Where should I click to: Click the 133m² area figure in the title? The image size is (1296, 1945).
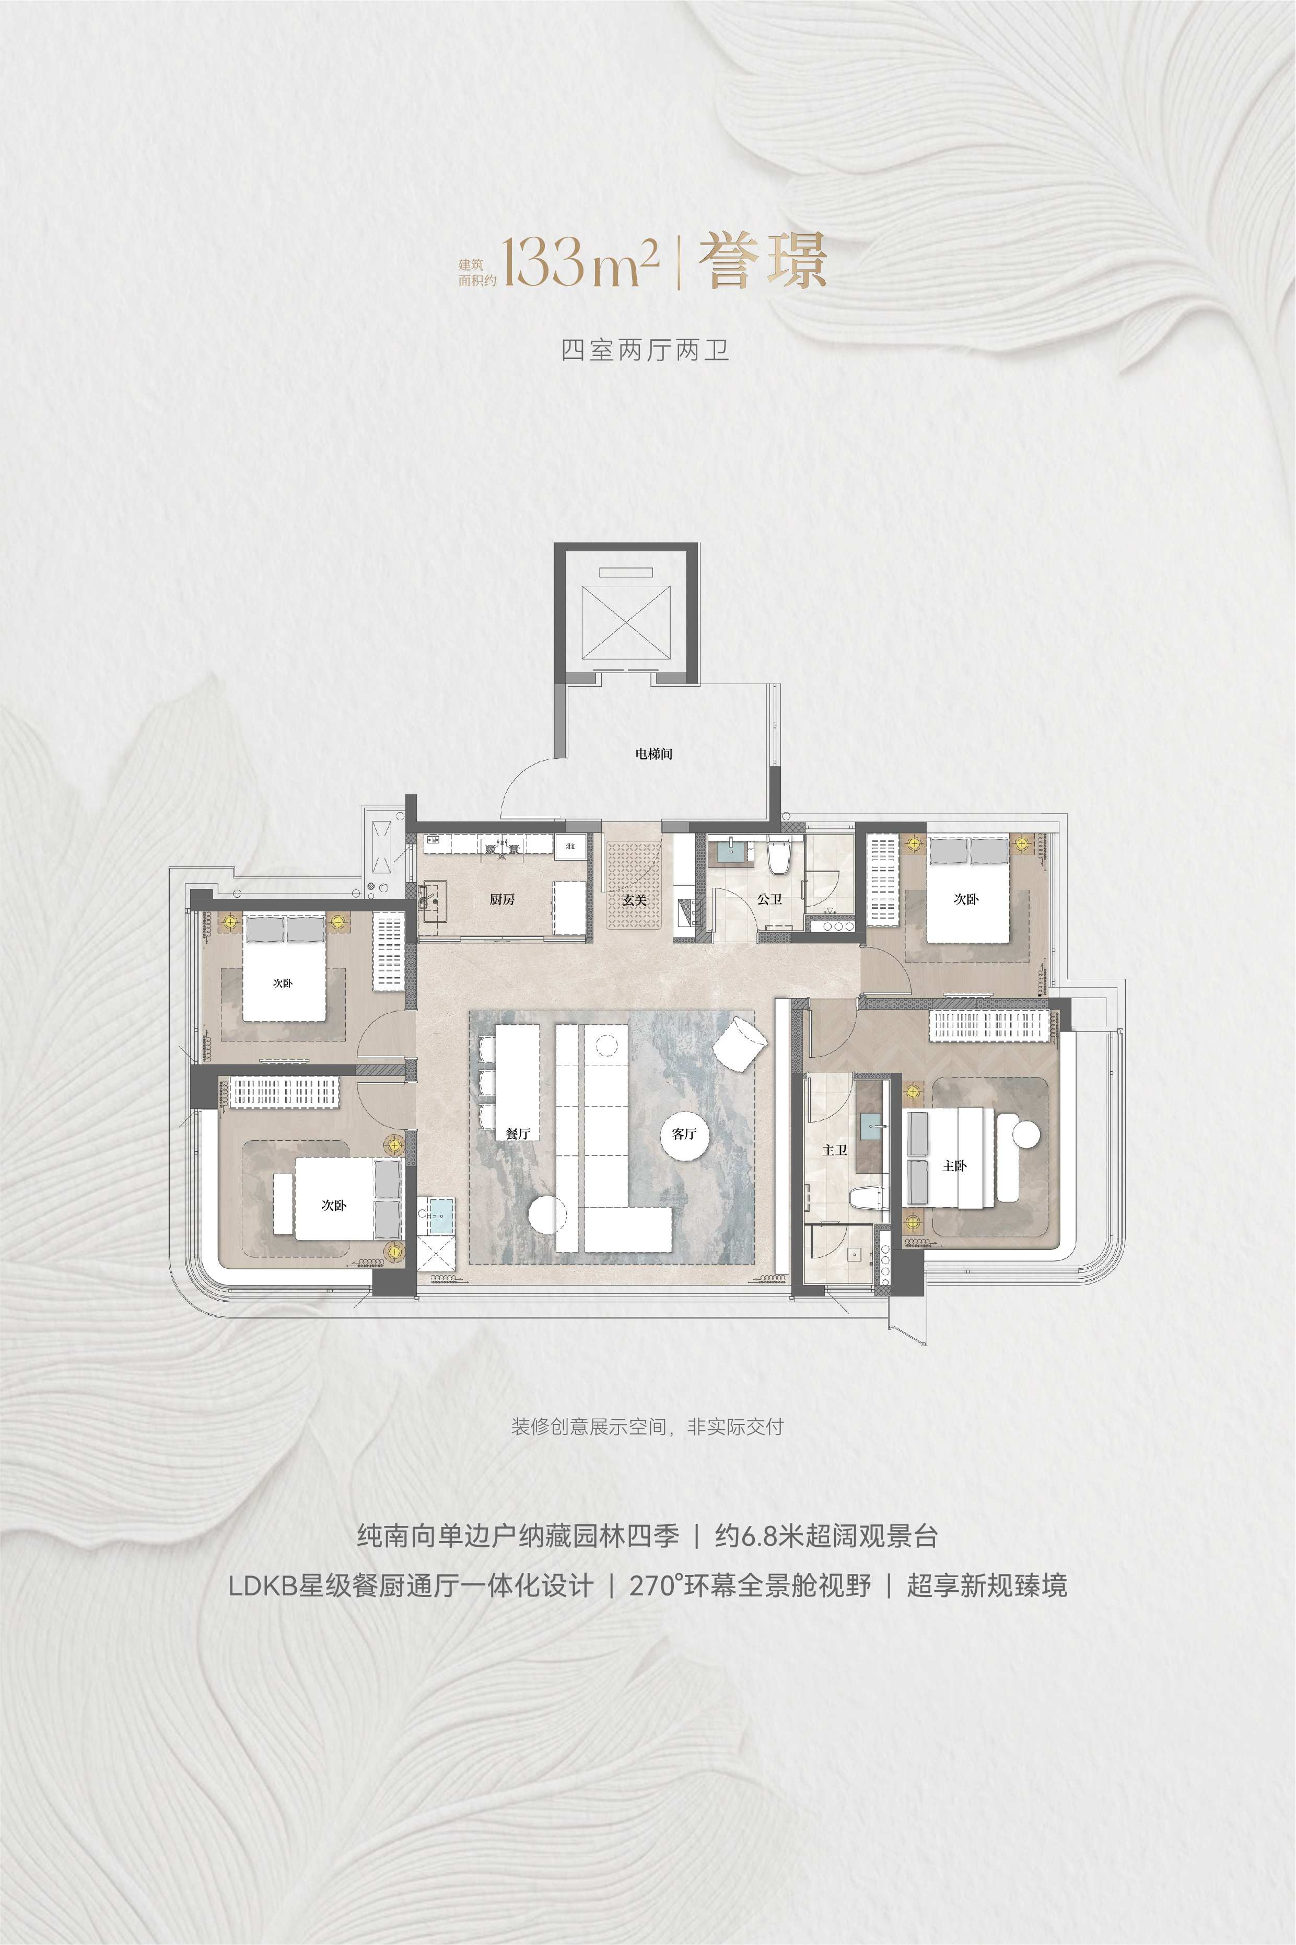coord(581,261)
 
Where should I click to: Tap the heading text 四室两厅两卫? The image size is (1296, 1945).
coord(645,351)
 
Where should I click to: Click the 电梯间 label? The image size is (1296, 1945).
coord(654,754)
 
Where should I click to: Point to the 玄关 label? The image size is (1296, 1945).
coord(634,899)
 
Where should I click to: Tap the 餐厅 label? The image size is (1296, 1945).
coord(518,1133)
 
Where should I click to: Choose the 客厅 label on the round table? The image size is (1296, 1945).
coord(684,1133)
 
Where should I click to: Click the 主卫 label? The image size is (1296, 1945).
coord(835,1150)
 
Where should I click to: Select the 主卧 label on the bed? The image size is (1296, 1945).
coord(955,1165)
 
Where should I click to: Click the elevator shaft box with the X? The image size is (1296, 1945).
coord(626,622)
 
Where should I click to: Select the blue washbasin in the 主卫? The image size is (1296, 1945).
coord(872,1124)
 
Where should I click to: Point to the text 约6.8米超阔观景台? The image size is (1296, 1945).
coord(826,1536)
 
